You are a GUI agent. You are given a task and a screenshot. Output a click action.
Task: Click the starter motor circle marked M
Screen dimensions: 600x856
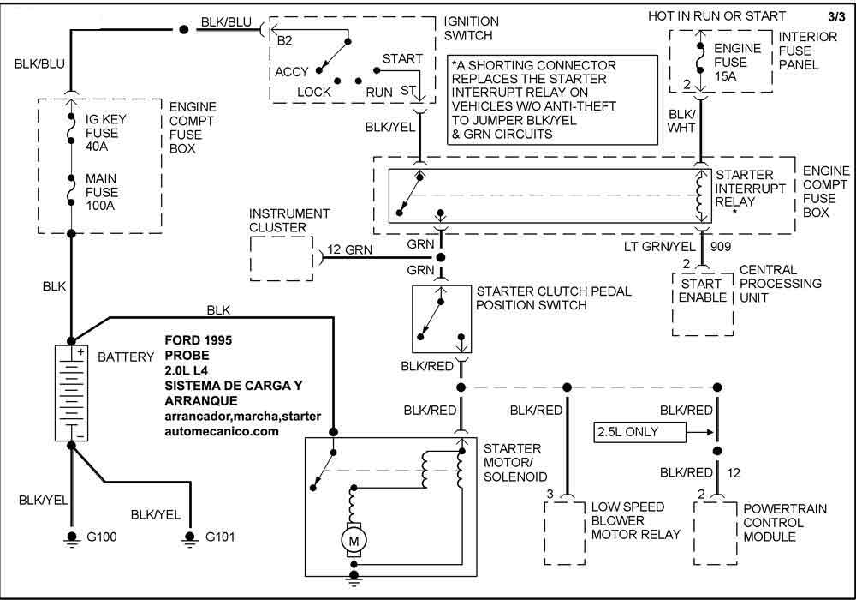pos(352,541)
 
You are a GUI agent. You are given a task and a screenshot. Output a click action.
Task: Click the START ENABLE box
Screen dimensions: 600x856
pos(703,291)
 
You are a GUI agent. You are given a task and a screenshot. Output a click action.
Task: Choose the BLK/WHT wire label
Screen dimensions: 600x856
pos(682,121)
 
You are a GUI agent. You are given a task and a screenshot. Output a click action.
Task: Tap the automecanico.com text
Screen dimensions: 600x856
pos(222,432)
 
